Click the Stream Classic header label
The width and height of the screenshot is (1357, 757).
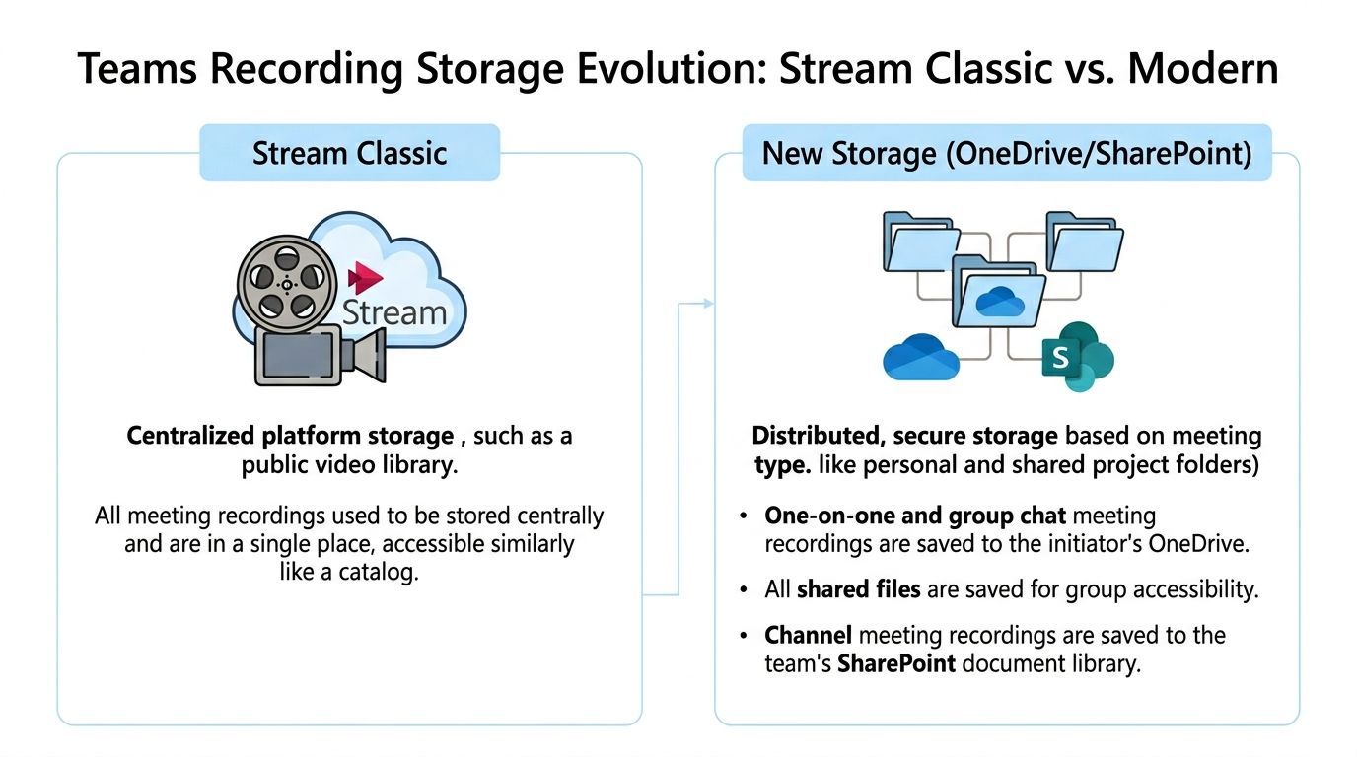[x=349, y=154]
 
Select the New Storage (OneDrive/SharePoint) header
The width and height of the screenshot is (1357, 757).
[x=1006, y=154]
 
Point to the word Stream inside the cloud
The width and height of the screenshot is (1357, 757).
[x=394, y=313]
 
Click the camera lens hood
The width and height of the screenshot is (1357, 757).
[x=368, y=356]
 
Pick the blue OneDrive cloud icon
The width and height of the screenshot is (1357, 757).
[x=921, y=357]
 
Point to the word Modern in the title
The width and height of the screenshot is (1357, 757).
[x=1203, y=70]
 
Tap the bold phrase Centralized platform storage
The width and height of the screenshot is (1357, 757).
[x=290, y=436]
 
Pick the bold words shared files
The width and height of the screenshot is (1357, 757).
[x=859, y=589]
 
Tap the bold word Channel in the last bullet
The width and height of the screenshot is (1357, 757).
[x=808, y=635]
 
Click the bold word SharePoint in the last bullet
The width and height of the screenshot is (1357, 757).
[x=896, y=663]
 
